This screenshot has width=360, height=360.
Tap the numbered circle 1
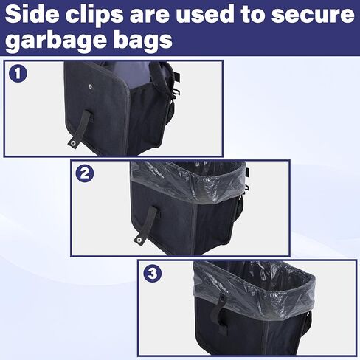point(18,74)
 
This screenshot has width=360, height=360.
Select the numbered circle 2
point(86,174)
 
